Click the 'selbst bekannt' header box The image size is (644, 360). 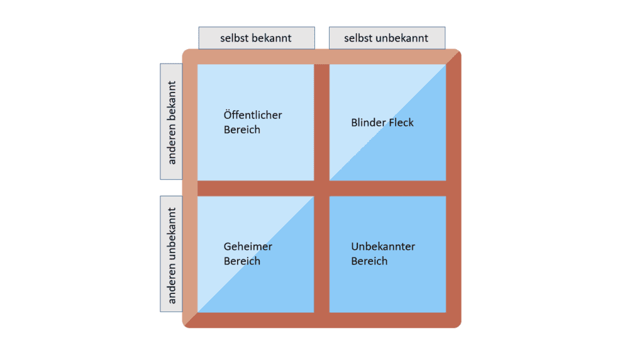(x=257, y=38)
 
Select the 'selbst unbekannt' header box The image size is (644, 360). (x=387, y=38)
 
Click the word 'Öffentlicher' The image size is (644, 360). (x=253, y=115)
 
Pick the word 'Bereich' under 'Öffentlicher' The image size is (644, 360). (x=241, y=130)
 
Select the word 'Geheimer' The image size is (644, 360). (x=248, y=247)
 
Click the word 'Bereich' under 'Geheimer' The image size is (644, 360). (x=241, y=261)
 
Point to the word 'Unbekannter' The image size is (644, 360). (x=383, y=247)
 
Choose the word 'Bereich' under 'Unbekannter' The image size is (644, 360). (x=369, y=261)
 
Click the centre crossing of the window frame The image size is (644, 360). (x=321, y=188)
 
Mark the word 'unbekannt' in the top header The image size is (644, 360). (x=402, y=38)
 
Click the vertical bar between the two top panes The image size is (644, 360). (x=321, y=122)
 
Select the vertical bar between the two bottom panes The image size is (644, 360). (x=321, y=254)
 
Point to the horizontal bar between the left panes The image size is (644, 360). (x=255, y=188)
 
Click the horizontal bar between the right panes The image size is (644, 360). (x=387, y=188)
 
